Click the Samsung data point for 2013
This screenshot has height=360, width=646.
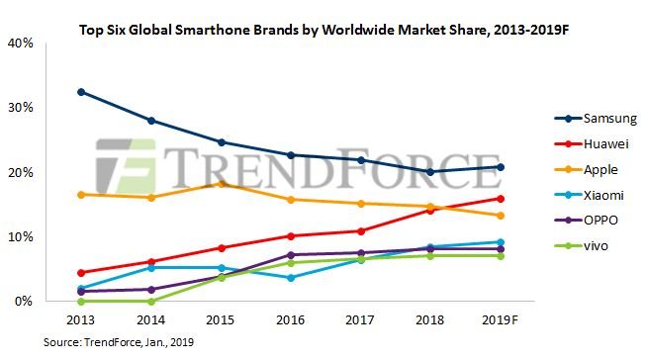[81, 92]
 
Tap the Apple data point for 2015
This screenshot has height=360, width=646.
[222, 184]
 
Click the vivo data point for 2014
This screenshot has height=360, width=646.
[151, 301]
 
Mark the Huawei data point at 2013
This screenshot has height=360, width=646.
[81, 272]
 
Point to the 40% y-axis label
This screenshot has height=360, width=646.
[22, 44]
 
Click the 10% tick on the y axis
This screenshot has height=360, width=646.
[22, 237]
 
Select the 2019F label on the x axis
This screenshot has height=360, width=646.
[503, 320]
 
